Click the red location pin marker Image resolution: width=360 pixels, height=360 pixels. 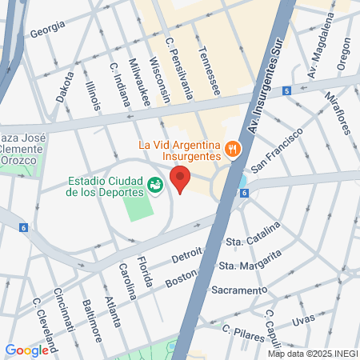click(181, 180)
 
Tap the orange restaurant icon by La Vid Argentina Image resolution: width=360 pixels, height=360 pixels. click(232, 148)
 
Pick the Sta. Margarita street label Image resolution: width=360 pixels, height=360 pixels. click(250, 261)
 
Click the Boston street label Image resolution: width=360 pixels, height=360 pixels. click(180, 280)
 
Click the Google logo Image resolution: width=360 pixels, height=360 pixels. click(26, 350)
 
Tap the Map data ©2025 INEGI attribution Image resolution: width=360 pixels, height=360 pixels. click(313, 354)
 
